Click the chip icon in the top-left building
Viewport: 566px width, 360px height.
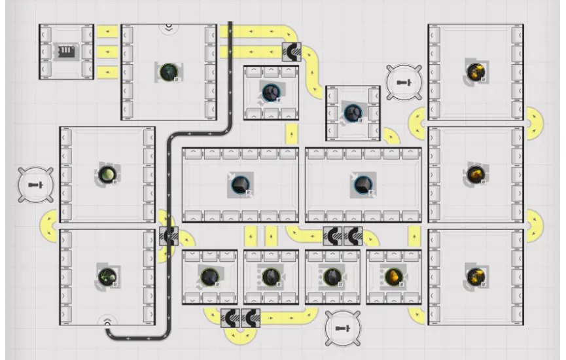pos(65,51)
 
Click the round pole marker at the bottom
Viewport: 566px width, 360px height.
pos(342,327)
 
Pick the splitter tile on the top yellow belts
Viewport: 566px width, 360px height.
pos(292,52)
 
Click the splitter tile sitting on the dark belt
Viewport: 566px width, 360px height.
pos(169,236)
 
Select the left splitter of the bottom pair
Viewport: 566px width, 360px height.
pos(230,317)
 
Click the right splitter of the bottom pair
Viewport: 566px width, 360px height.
pos(251,317)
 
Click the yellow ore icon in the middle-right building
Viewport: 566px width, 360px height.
pos(475,173)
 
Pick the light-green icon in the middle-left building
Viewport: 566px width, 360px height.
pos(107,174)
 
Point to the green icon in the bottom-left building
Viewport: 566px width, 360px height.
pos(107,276)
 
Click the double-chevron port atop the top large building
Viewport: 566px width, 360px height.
pos(169,27)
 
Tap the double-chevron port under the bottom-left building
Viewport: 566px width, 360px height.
pos(107,320)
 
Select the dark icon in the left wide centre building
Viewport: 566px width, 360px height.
pos(239,184)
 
